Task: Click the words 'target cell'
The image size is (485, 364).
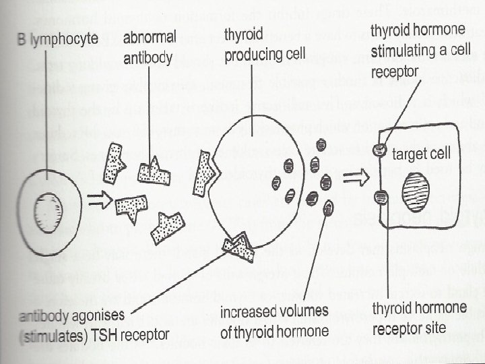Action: tap(422, 154)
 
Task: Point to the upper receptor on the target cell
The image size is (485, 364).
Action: tap(379, 151)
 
